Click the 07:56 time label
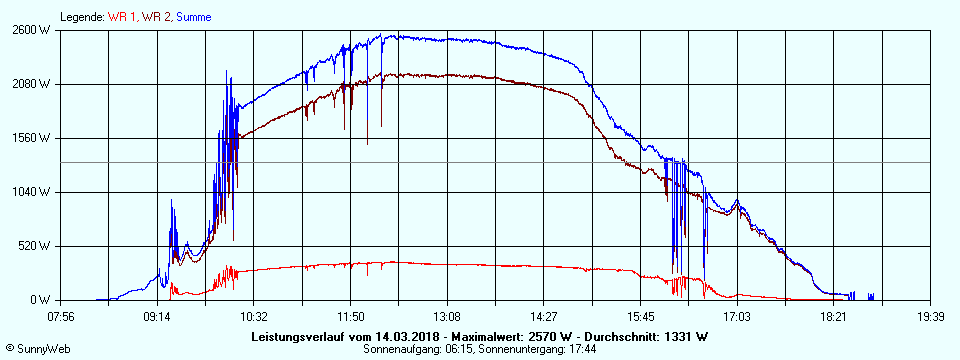[x=61, y=316]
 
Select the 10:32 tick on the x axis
[x=254, y=316]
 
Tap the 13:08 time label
[x=447, y=316]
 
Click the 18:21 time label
[x=834, y=316]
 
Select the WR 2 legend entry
[x=156, y=17]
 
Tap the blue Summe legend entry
[x=194, y=17]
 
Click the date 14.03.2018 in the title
[x=401, y=337]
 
